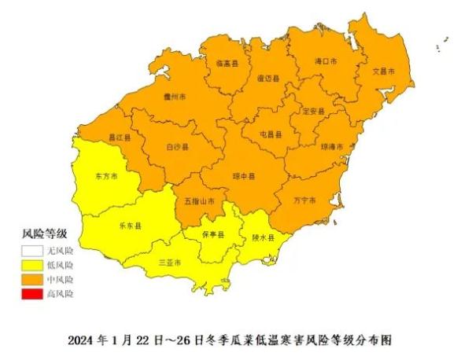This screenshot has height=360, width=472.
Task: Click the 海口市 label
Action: (326, 61)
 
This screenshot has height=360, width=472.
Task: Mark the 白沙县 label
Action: (177, 147)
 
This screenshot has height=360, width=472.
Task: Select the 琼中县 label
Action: (244, 178)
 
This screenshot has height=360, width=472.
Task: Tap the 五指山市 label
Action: (200, 201)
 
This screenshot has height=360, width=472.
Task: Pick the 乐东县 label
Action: (130, 226)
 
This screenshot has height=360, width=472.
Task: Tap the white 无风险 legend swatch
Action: (34, 251)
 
